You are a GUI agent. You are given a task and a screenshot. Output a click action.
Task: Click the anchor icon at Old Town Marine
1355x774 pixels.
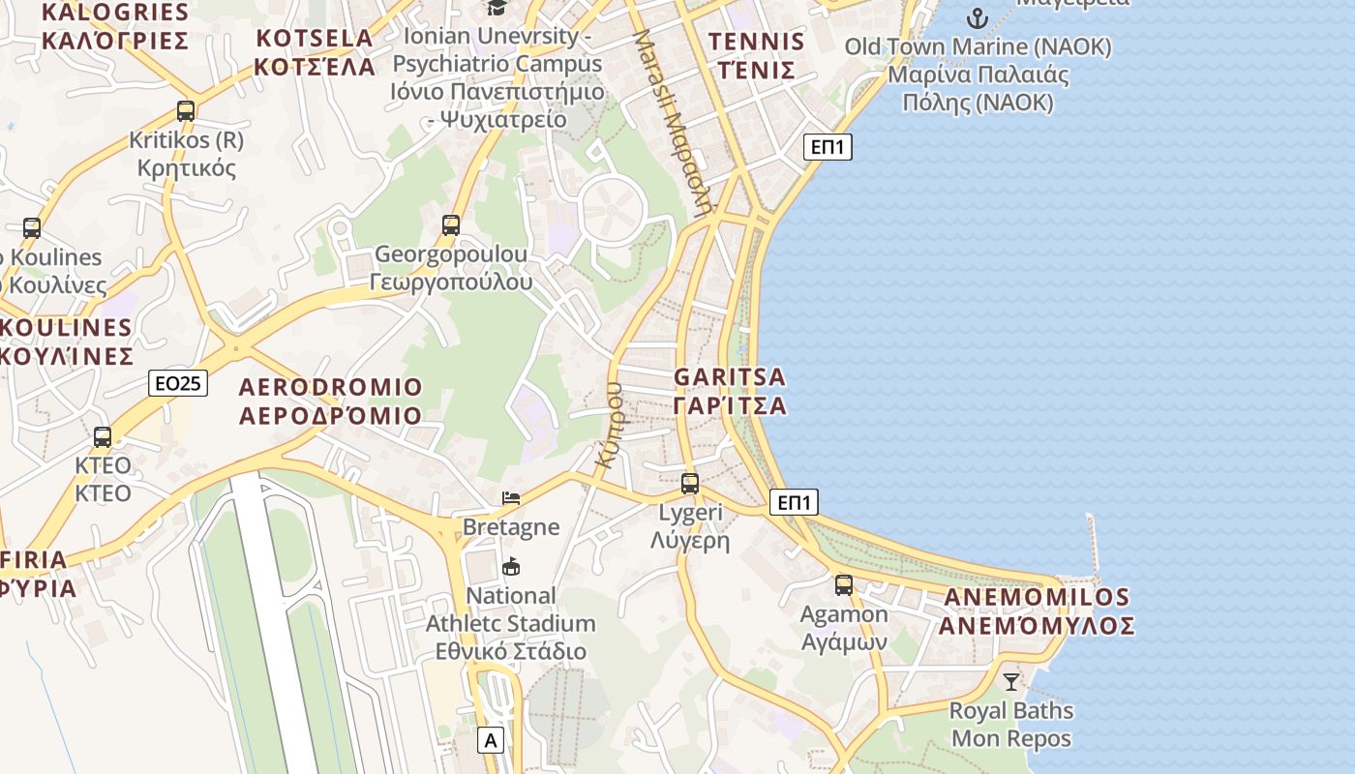[978, 16]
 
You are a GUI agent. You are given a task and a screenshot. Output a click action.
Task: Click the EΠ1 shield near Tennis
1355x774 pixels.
[828, 147]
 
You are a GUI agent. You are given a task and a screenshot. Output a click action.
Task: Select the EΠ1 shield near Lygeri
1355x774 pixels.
[795, 502]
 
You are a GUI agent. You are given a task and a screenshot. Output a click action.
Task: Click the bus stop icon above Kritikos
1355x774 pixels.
[186, 110]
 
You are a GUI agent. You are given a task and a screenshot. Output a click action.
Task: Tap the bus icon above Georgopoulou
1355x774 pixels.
[451, 224]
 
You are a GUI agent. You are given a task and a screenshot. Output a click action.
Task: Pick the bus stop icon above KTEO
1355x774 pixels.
[103, 436]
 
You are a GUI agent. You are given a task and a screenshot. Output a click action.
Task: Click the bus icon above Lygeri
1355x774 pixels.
[690, 483]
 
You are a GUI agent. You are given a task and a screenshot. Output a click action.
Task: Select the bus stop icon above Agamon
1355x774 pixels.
[844, 584]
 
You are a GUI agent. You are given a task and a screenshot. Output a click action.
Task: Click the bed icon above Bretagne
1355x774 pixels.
[511, 498]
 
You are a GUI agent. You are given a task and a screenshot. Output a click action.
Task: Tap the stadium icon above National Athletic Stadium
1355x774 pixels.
[511, 566]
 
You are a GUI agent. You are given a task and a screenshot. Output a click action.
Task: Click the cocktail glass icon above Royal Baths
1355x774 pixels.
[1011, 681]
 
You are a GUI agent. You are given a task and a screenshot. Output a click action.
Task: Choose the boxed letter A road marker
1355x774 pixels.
[492, 741]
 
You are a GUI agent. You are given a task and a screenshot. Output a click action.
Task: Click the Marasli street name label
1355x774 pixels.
[675, 121]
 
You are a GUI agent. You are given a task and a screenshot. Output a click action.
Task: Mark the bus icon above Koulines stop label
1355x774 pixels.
[32, 228]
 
